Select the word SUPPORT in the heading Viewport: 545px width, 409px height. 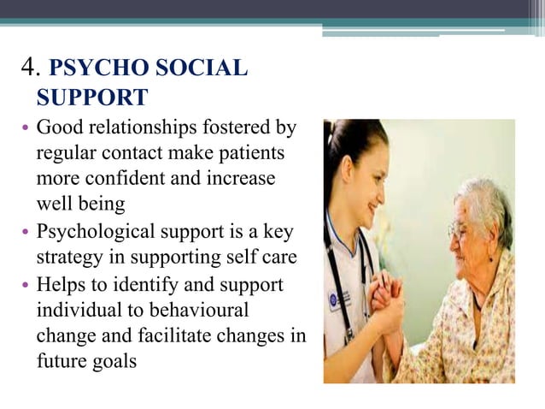point(91,95)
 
